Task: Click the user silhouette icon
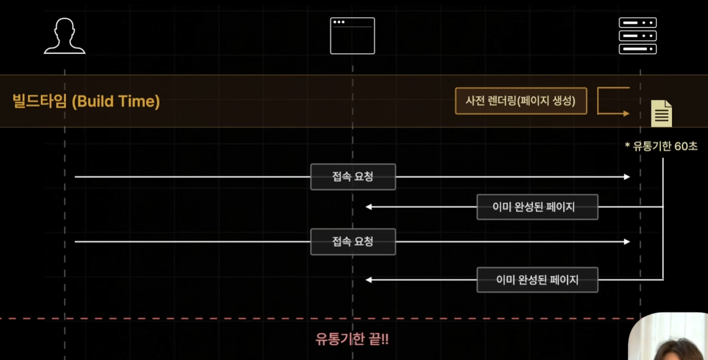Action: pos(65,36)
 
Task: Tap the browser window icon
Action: pos(352,36)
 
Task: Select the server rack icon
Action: pos(638,36)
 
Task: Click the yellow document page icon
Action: pos(661,113)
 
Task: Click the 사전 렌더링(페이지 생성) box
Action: pos(520,101)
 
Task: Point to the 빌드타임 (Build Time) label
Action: pos(86,102)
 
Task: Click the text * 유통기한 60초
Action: pos(661,146)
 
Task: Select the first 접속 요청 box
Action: pos(353,177)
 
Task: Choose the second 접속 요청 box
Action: pos(353,241)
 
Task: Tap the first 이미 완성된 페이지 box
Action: pos(537,207)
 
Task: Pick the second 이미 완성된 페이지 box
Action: pos(537,279)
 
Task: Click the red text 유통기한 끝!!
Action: pos(352,340)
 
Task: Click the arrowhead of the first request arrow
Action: pos(627,177)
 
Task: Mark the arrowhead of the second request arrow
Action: pos(627,241)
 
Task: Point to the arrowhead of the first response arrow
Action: pos(369,207)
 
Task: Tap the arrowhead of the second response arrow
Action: pos(369,279)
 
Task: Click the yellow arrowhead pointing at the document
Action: pos(626,114)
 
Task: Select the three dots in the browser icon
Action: pos(339,22)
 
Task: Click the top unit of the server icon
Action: pos(638,23)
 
